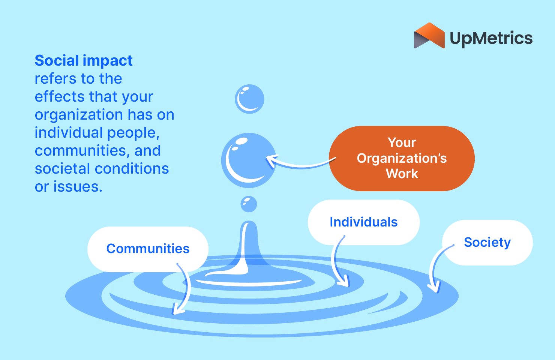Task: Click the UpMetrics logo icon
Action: point(429,36)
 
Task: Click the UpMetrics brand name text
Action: point(491,38)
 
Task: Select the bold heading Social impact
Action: point(83,61)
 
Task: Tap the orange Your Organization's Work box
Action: point(402,158)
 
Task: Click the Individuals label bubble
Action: point(363,222)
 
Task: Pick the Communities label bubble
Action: point(148,249)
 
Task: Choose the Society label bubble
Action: point(487,242)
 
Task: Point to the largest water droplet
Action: point(249,160)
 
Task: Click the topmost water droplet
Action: point(249,99)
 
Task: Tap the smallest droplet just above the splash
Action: point(249,204)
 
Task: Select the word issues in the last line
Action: point(78,187)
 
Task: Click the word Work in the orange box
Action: point(402,174)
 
